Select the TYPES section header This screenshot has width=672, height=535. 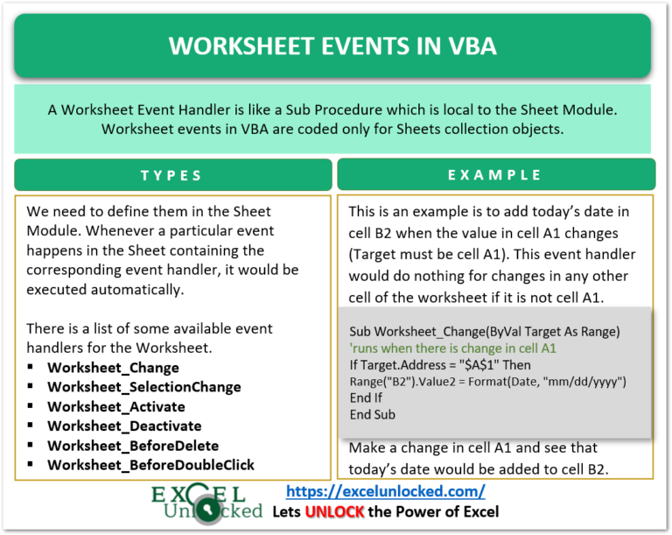tap(171, 175)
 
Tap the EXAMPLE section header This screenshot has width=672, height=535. tap(495, 175)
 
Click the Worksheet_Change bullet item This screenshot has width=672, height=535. tap(113, 368)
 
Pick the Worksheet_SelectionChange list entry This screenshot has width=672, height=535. tap(143, 387)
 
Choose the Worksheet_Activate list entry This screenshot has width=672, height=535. tap(115, 406)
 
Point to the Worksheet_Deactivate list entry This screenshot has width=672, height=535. tap(123, 426)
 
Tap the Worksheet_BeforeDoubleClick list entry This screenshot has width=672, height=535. tap(150, 464)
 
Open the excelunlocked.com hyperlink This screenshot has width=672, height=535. tap(386, 492)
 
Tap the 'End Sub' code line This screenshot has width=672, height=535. tap(372, 414)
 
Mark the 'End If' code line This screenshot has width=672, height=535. tap(366, 398)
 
